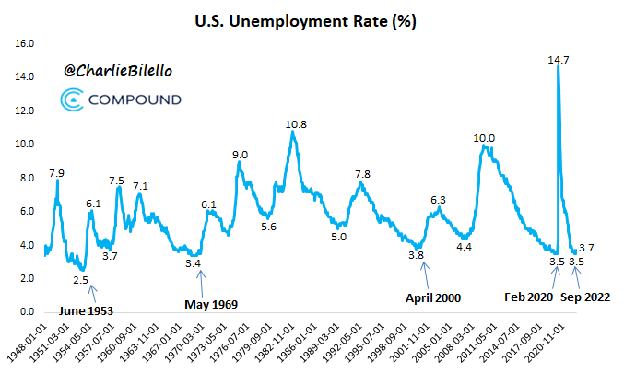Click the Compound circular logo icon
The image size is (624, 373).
[74, 99]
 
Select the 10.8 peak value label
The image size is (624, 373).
[296, 124]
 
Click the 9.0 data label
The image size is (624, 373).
[240, 155]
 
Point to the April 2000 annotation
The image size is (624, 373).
[433, 297]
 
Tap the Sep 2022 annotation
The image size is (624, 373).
[586, 297]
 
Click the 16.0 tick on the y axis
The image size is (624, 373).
[25, 43]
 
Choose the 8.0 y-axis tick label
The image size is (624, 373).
[25, 178]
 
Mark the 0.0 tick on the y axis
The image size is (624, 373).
[25, 311]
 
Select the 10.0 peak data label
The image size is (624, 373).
[484, 138]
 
